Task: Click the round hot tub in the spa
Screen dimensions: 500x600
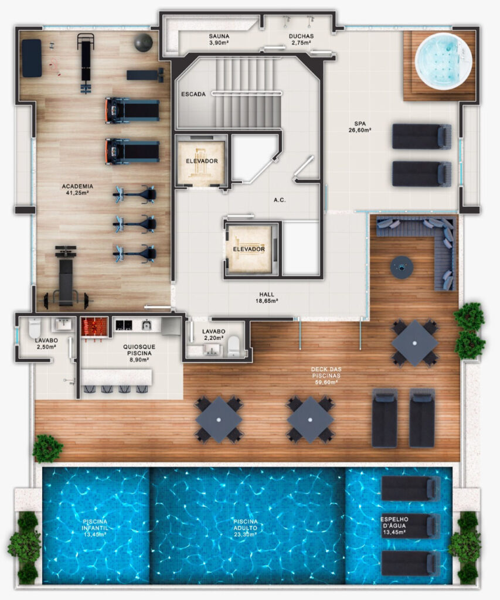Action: [x=443, y=62]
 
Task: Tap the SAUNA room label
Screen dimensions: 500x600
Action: [x=219, y=39]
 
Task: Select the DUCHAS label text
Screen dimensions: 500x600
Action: [x=301, y=39]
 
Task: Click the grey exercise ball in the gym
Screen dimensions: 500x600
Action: [x=144, y=42]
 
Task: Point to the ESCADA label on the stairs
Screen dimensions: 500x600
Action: [x=193, y=94]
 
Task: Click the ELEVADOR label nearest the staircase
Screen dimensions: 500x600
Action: [x=202, y=161]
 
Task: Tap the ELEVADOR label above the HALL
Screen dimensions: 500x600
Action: [x=249, y=249]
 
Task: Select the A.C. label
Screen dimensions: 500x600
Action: [x=280, y=200]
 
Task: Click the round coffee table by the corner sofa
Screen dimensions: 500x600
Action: [x=402, y=267]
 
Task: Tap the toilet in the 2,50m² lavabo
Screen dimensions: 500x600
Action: [x=35, y=328]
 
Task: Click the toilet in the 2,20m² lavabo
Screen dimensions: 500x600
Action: [x=233, y=346]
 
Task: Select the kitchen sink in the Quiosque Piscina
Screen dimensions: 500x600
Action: [x=146, y=325]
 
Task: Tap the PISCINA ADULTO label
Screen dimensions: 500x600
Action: [x=246, y=528]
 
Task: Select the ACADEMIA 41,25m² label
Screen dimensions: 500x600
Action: [x=77, y=189]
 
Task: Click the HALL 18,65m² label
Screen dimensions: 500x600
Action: [x=267, y=297]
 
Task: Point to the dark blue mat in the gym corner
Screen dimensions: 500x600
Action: [x=32, y=58]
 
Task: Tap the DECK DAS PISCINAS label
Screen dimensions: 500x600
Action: [x=326, y=376]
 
